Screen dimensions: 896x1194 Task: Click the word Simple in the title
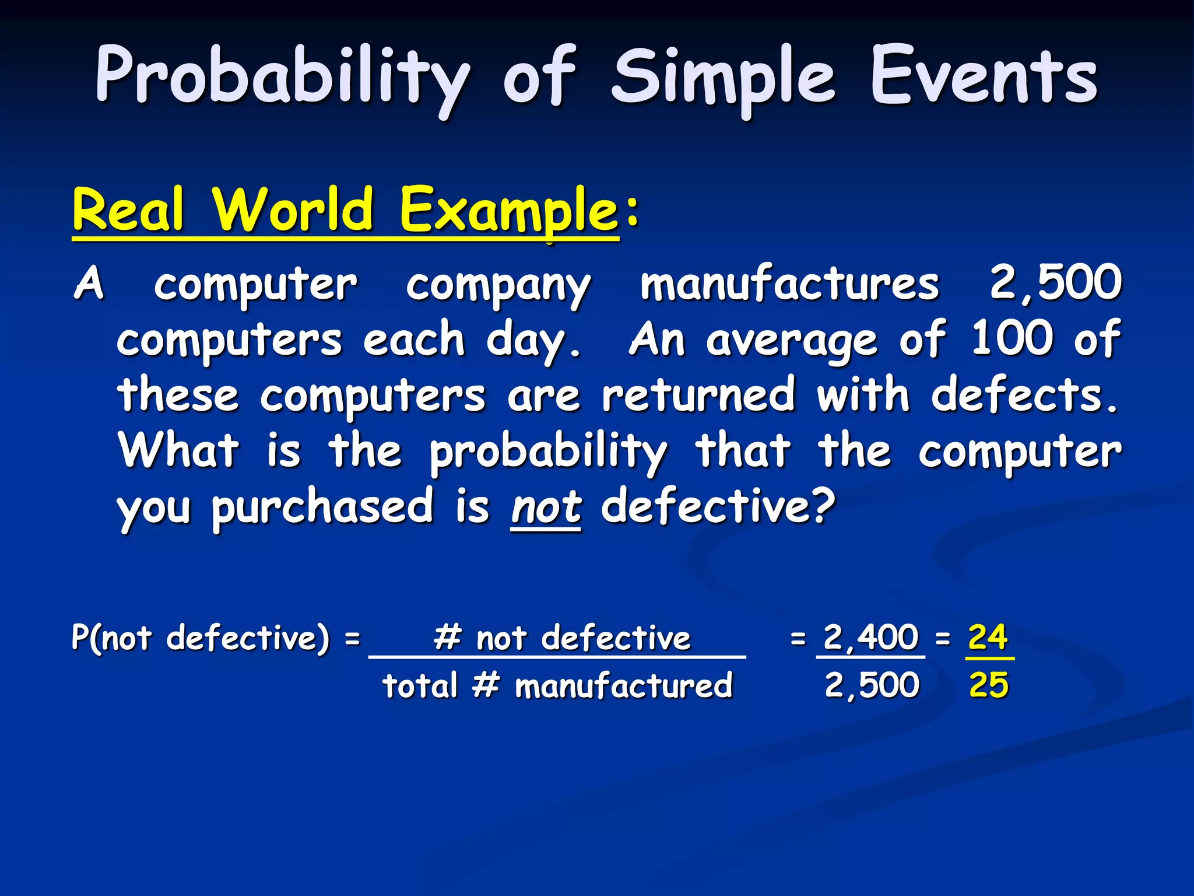click(x=723, y=79)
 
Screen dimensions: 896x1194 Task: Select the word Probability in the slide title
click(x=282, y=79)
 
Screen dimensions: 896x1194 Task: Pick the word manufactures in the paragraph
click(x=789, y=284)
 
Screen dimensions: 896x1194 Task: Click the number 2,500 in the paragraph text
click(x=1056, y=283)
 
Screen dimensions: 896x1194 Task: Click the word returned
click(x=698, y=395)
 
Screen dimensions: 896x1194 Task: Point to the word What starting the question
click(x=178, y=450)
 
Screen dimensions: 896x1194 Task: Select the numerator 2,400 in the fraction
click(x=871, y=637)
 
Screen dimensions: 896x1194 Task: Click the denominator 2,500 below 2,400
click(x=872, y=685)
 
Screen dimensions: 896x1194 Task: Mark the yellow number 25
click(x=989, y=685)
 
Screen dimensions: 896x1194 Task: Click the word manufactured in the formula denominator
click(x=623, y=685)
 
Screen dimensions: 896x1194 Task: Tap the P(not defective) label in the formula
click(x=201, y=638)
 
